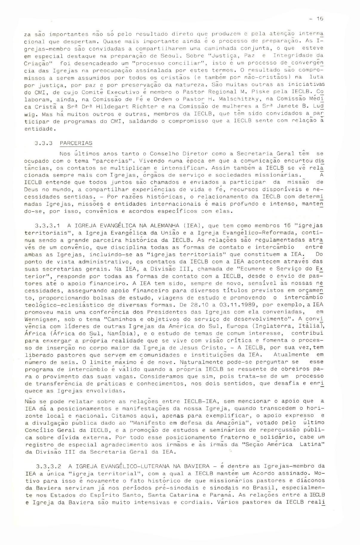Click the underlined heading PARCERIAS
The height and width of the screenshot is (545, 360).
76,143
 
